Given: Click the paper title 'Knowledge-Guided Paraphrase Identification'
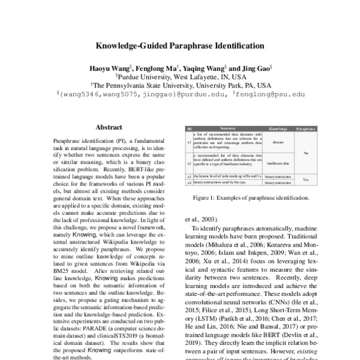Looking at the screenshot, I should (x=180, y=45).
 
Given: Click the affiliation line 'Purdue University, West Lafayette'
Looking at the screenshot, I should (x=180, y=77).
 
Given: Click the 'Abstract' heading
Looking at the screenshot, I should (x=109, y=127).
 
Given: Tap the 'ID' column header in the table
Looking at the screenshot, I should (x=190, y=129).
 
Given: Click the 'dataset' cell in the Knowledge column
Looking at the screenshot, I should (x=278, y=143).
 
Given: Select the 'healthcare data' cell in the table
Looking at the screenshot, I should (x=278, y=163).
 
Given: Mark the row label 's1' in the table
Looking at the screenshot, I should (x=190, y=143).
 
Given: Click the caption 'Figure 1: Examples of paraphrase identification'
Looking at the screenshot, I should (x=250, y=197).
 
